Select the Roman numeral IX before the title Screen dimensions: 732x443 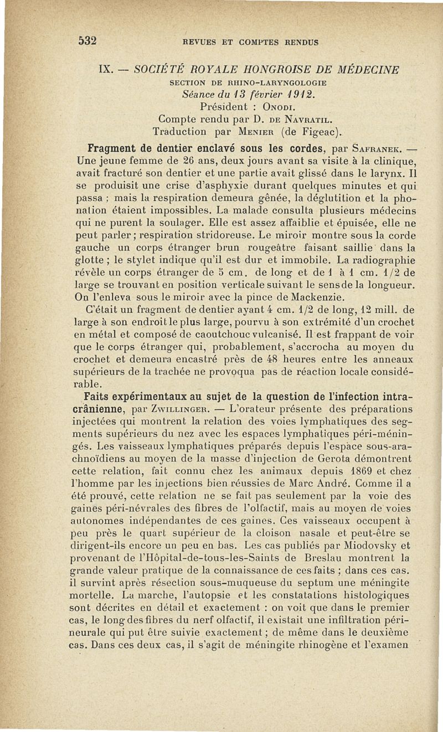coord(105,70)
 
